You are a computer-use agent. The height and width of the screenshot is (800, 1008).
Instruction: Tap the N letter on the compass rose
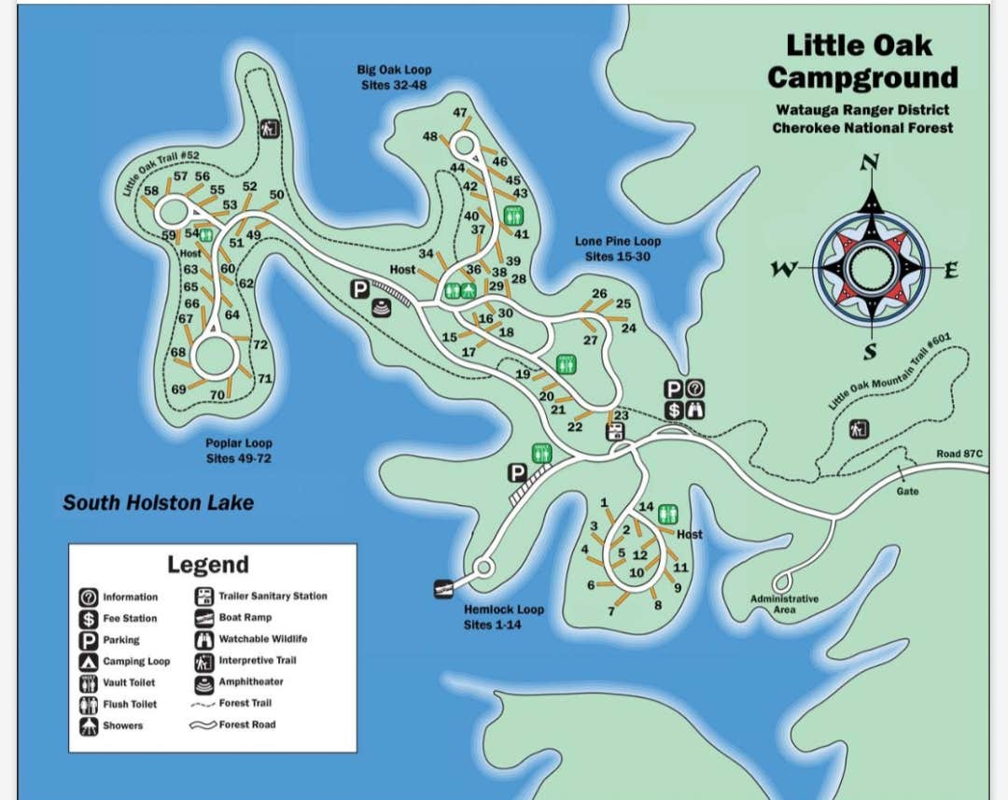[x=870, y=163]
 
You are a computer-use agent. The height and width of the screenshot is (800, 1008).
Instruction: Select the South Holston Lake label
[x=158, y=503]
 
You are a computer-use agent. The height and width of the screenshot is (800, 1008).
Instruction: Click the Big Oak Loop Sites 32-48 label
[x=394, y=77]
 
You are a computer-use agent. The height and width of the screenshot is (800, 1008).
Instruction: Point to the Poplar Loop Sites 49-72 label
[x=239, y=451]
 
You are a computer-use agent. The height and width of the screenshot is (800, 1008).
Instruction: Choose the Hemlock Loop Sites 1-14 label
[x=503, y=617]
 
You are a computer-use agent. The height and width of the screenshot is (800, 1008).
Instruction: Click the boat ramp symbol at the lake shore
[x=443, y=588]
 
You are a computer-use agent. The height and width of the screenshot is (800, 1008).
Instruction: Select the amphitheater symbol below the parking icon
[x=380, y=309]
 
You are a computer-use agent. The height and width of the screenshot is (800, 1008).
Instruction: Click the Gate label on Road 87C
[x=907, y=491]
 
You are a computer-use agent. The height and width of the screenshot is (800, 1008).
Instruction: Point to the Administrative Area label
[x=784, y=604]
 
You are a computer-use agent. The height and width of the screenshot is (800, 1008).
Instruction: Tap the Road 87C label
[x=959, y=455]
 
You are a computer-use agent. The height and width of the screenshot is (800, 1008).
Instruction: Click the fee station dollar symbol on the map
[x=674, y=410]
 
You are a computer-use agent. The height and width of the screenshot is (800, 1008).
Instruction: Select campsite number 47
[x=460, y=113]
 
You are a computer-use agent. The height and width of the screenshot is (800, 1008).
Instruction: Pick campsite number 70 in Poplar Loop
[x=217, y=396]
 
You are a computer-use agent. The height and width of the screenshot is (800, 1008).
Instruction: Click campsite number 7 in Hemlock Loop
[x=611, y=612]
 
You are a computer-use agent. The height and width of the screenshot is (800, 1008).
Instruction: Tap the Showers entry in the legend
[x=122, y=725]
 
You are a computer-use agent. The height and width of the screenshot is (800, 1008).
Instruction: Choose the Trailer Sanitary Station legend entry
[x=273, y=596]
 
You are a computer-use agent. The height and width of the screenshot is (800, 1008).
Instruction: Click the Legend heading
[x=208, y=565]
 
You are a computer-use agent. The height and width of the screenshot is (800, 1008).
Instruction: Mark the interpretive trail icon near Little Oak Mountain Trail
[x=859, y=429]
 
